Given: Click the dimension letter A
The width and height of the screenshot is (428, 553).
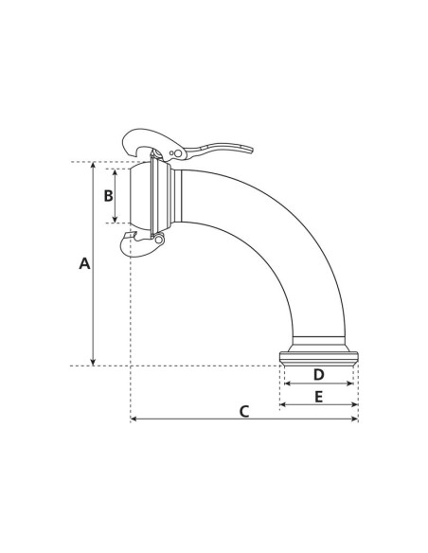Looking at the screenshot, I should (84, 264).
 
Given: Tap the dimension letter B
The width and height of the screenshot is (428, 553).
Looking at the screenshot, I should (108, 196).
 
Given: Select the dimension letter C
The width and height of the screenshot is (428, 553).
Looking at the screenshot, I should (244, 411).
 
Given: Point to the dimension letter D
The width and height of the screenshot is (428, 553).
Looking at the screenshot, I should (318, 376).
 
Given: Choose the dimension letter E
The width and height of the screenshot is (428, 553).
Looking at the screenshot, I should (319, 397).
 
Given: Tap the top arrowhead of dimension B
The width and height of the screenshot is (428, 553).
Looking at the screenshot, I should (116, 172).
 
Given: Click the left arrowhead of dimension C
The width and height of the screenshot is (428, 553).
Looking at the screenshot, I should (134, 419).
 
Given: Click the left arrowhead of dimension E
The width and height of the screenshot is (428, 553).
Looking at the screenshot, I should (284, 405).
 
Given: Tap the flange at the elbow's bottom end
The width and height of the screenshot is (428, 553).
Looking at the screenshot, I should (319, 357).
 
